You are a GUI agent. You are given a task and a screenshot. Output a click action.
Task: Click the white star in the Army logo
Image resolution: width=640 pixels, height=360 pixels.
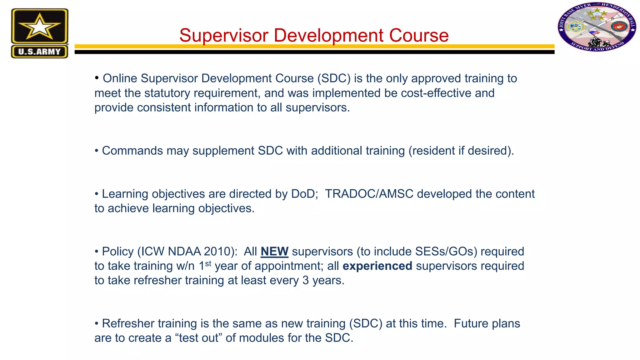point(39,27)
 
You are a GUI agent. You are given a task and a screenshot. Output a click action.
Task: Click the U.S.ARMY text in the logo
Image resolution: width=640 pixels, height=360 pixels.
point(39,52)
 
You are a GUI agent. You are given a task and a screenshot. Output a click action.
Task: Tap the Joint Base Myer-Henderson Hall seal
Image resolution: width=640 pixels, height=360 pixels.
point(597,27)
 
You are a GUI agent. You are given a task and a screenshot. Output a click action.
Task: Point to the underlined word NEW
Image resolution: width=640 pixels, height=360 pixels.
point(274,252)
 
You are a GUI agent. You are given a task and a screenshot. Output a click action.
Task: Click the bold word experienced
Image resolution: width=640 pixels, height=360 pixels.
point(377,266)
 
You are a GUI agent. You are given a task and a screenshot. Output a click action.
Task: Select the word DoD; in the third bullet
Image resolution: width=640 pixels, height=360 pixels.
point(305,194)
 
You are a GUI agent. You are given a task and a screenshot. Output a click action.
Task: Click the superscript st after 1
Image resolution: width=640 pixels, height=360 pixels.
point(208,263)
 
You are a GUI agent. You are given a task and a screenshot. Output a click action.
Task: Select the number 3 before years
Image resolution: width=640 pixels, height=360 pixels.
point(306,281)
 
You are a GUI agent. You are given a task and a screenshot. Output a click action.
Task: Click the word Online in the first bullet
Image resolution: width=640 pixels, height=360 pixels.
point(120,79)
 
